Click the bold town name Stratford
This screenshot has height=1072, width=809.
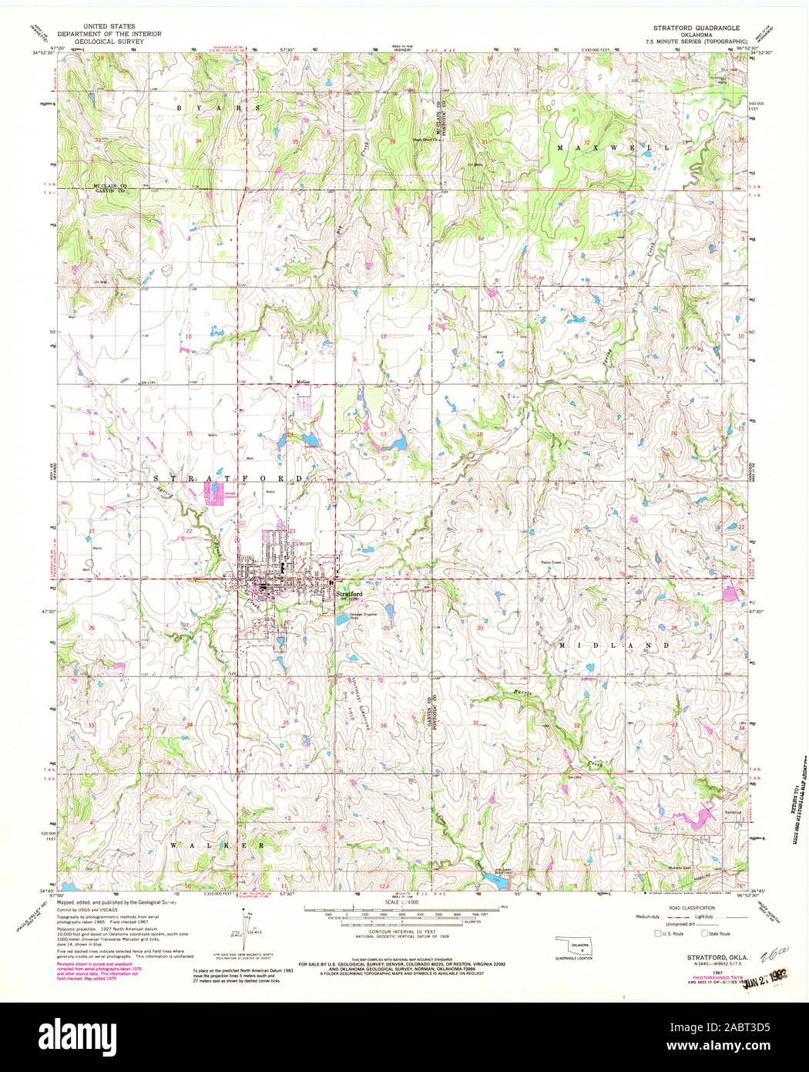pyautogui.click(x=347, y=594)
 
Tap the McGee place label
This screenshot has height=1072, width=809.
pyautogui.click(x=303, y=382)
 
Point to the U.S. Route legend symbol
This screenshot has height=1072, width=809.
pyautogui.click(x=659, y=934)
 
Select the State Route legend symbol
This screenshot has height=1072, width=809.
pyautogui.click(x=704, y=934)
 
